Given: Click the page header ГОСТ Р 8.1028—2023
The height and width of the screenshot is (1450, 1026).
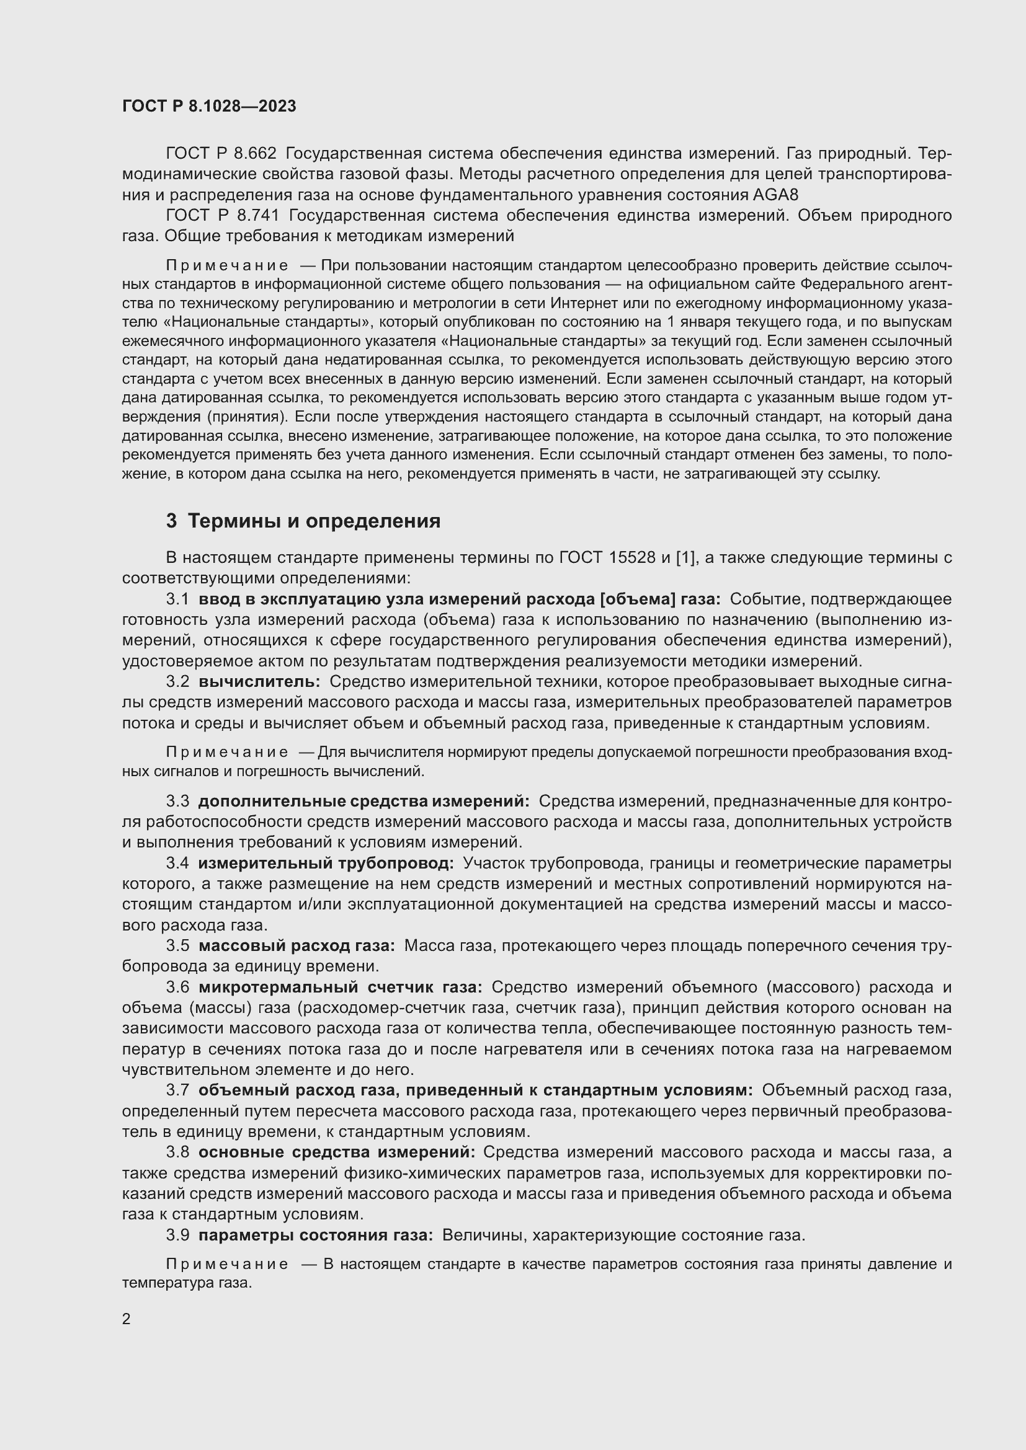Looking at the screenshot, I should (x=209, y=107).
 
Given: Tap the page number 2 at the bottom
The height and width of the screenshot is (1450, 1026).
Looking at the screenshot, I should (x=127, y=1319).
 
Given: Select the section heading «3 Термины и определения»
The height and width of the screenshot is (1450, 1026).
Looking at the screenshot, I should (x=303, y=521).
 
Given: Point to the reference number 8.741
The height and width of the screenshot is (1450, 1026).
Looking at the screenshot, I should (x=257, y=215).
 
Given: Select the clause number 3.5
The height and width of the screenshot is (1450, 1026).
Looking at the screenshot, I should (x=177, y=945).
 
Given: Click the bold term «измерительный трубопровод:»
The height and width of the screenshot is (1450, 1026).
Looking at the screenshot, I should (x=326, y=863).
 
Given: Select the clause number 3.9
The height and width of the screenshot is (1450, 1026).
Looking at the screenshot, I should (x=177, y=1236).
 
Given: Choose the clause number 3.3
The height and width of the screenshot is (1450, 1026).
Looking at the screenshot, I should (x=177, y=802).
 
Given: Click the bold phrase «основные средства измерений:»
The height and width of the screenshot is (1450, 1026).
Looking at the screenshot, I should (x=337, y=1152).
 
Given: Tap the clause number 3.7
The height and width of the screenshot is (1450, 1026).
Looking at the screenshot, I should (x=177, y=1090).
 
